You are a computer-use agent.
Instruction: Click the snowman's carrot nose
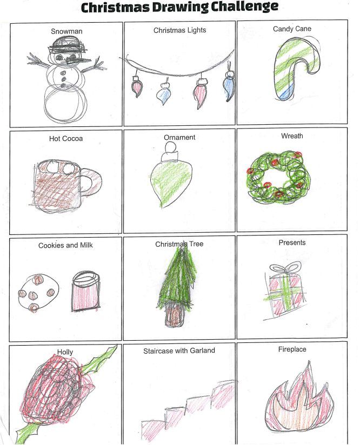pyautogui.click(x=78, y=60)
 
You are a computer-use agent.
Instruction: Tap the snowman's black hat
pyautogui.click(x=68, y=46)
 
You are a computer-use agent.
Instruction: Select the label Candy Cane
pyautogui.click(x=292, y=29)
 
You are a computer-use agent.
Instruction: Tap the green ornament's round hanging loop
pyautogui.click(x=171, y=147)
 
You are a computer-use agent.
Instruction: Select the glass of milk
pyautogui.click(x=85, y=292)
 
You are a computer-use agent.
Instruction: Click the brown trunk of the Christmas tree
pyautogui.click(x=174, y=315)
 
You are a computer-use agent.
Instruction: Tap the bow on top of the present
pyautogui.click(x=285, y=267)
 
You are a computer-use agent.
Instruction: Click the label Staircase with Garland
pyautogui.click(x=179, y=351)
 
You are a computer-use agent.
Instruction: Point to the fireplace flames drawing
pyautogui.click(x=299, y=397)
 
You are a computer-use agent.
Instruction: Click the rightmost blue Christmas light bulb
pyautogui.click(x=229, y=86)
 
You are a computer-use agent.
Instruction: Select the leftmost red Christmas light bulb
pyautogui.click(x=137, y=86)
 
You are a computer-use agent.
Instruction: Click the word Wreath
pyautogui.click(x=292, y=136)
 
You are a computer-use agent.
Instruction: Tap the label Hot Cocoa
pyautogui.click(x=66, y=138)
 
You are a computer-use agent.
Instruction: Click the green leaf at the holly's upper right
pyautogui.click(x=100, y=359)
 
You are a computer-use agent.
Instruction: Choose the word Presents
pyautogui.click(x=292, y=242)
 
